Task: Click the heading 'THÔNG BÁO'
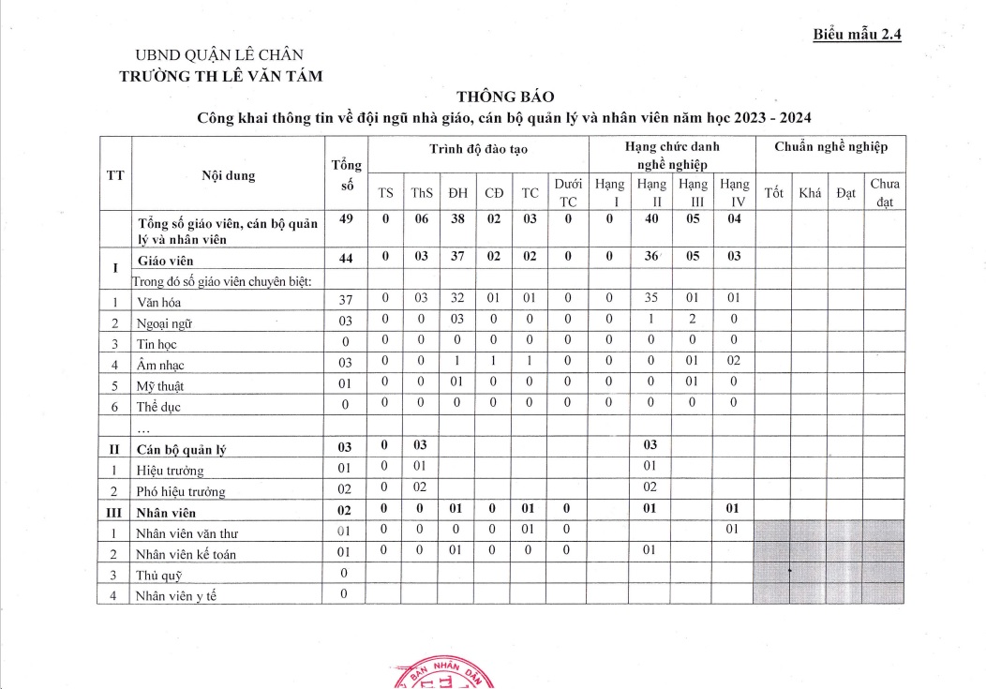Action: point(505,97)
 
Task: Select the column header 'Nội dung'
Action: point(228,174)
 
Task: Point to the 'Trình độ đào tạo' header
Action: point(477,148)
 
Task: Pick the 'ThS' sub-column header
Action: point(418,193)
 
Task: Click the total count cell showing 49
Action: point(345,218)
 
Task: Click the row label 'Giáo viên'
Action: point(166,262)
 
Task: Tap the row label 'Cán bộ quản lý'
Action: point(182,449)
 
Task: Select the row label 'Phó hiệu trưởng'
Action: point(182,491)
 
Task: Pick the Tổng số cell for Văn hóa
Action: point(345,300)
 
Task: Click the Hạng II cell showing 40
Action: point(652,218)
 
